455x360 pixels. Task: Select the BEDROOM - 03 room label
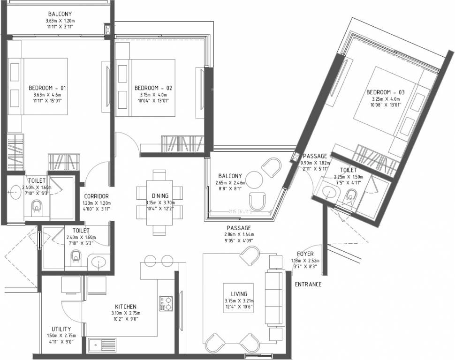(x=385, y=92)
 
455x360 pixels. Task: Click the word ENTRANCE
(x=308, y=285)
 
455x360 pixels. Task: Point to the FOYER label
(x=305, y=254)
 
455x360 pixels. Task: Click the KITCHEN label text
(x=126, y=307)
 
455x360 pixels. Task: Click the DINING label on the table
(x=160, y=196)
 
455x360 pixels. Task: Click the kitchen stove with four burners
(x=165, y=303)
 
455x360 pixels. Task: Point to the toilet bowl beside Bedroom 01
(x=36, y=206)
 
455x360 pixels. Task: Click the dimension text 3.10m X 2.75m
(x=126, y=314)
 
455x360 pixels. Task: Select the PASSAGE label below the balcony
(x=239, y=227)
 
